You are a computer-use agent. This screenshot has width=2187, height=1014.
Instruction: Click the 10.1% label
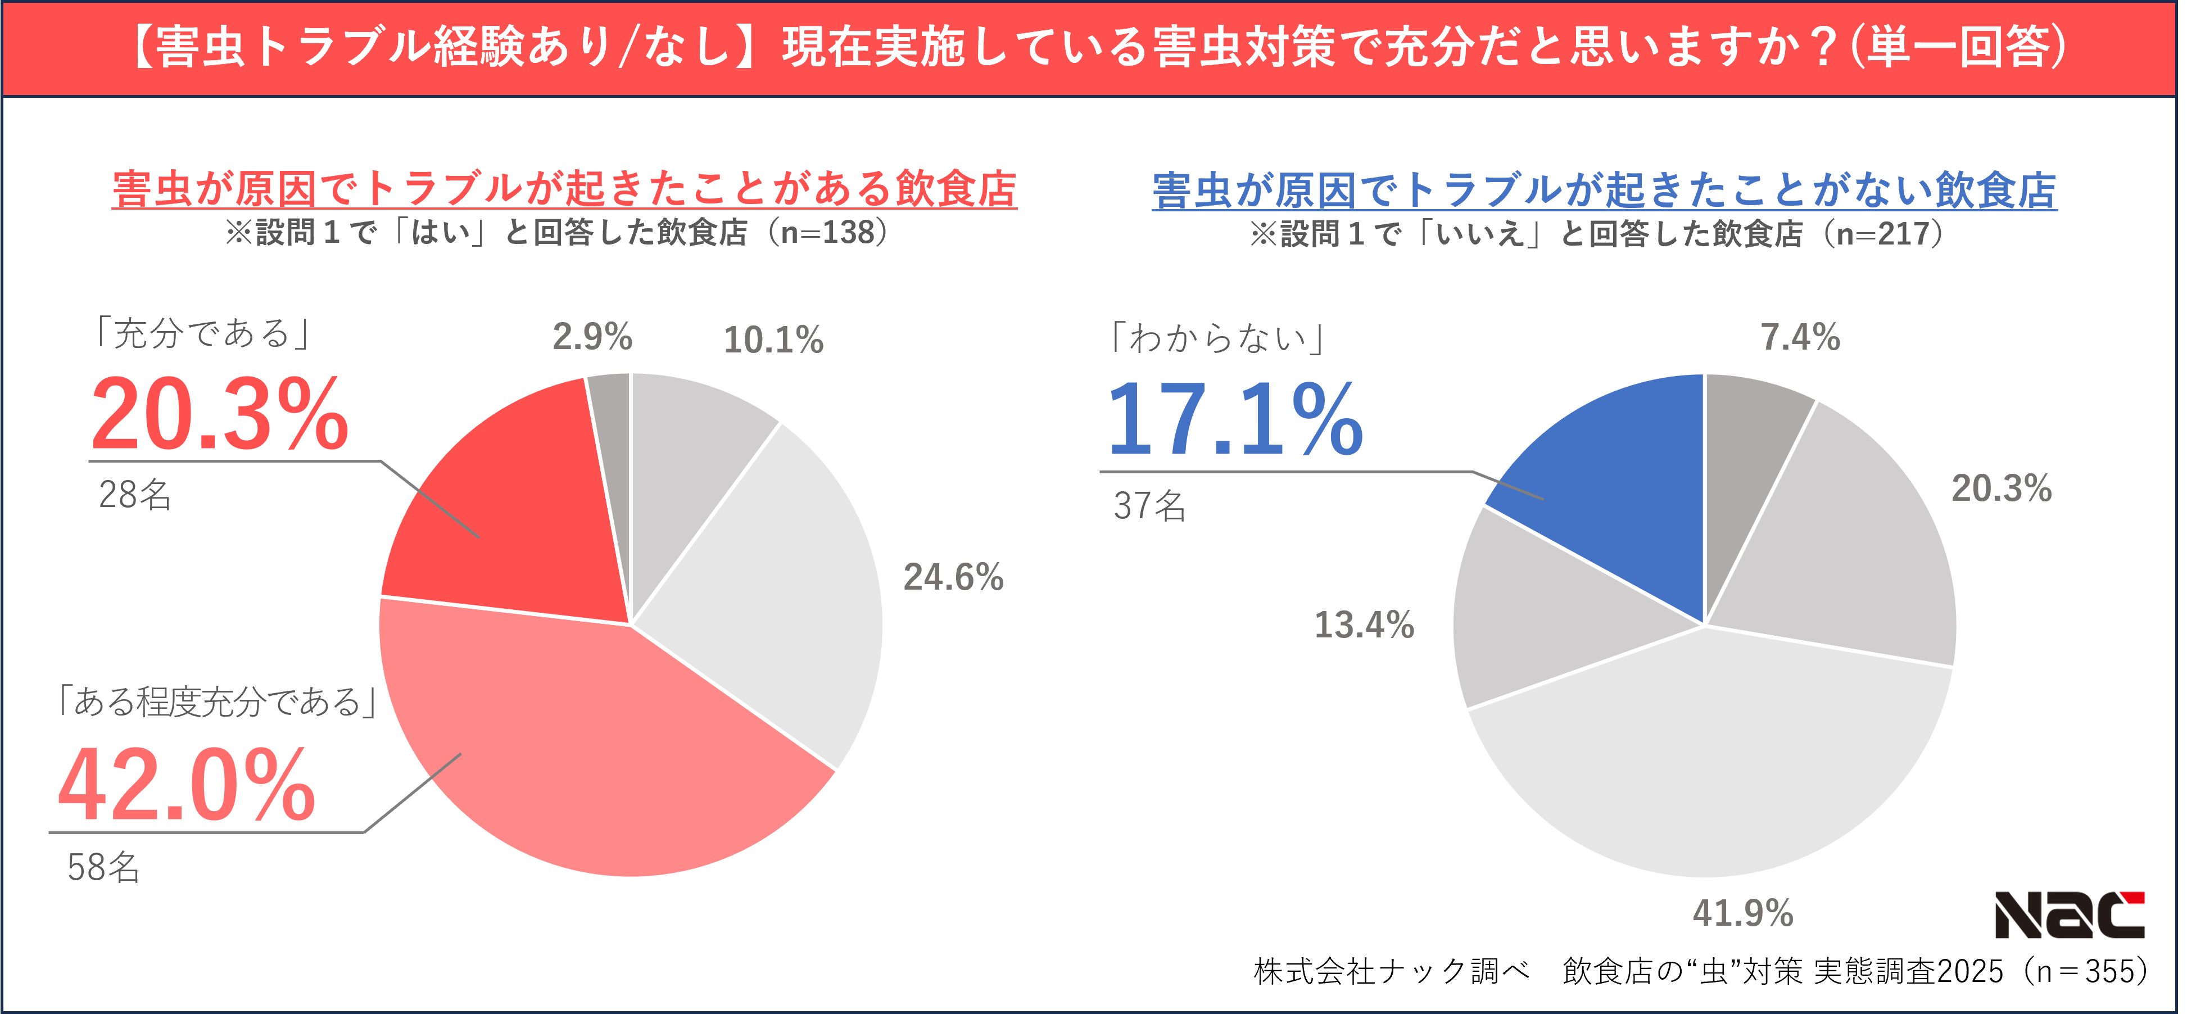point(773,339)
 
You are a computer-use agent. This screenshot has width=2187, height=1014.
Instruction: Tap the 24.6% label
point(953,577)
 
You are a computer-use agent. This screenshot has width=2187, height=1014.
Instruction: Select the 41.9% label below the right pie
point(1742,913)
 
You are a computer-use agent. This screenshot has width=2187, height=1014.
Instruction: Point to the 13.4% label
point(1364,624)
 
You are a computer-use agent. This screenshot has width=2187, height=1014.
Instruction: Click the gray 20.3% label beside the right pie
point(2001,488)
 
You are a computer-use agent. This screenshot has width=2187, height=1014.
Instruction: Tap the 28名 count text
point(134,494)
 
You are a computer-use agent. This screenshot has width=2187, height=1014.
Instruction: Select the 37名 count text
point(1149,505)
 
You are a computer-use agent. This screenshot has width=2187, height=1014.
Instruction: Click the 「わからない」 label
point(1216,338)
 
